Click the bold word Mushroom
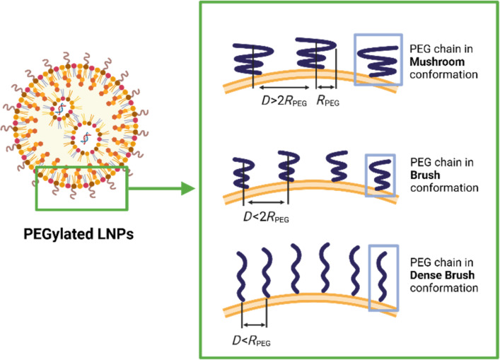tap(437, 62)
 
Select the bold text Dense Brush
tap(442, 275)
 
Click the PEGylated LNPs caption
tap(79, 234)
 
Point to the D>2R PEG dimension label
tap(284, 101)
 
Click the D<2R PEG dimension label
tap(266, 217)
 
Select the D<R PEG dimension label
tap(251, 341)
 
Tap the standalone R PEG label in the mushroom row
tap(327, 100)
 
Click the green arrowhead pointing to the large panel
tap(188, 188)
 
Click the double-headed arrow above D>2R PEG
tap(284, 88)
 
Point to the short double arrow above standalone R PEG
tap(326, 87)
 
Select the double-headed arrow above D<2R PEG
tap(266, 202)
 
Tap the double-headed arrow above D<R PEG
tap(254, 325)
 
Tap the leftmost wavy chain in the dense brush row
tap(242, 276)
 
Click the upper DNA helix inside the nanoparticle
tap(61, 109)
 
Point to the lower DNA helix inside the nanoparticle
tap(86, 137)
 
